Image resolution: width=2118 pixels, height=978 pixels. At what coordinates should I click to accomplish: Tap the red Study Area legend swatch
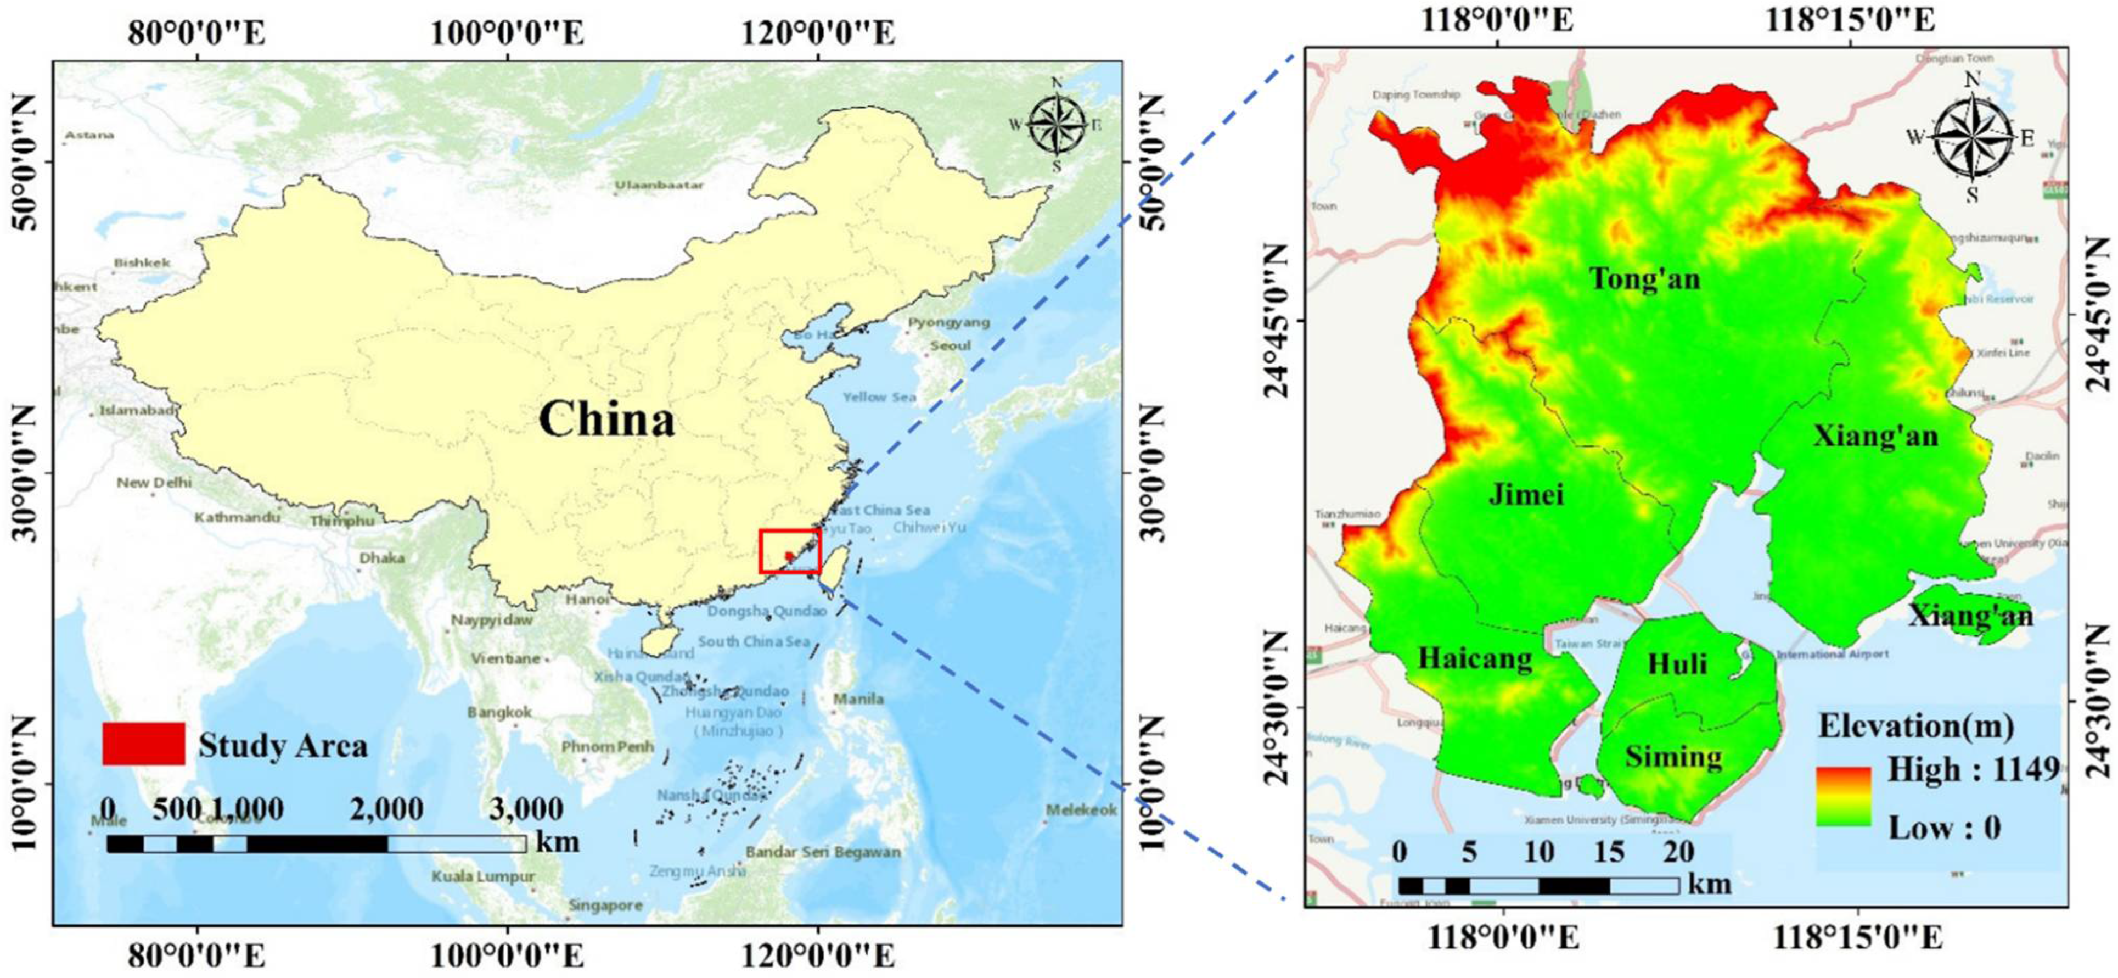click(143, 744)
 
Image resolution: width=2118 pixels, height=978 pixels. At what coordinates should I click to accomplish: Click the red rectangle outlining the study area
click(789, 551)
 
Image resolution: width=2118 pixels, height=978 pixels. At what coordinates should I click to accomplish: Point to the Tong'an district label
click(1644, 279)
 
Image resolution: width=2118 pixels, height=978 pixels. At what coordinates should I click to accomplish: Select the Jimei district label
click(1526, 494)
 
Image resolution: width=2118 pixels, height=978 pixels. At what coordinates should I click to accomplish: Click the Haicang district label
click(1475, 659)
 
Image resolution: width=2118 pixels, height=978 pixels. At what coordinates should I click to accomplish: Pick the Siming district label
click(1673, 756)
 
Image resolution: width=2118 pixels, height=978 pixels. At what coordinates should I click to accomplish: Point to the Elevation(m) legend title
click(1915, 726)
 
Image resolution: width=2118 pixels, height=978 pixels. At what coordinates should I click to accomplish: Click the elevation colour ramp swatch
click(1844, 796)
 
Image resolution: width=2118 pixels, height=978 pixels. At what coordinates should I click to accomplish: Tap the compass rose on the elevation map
click(1971, 137)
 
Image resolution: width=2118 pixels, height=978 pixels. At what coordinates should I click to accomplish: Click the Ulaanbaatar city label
click(659, 185)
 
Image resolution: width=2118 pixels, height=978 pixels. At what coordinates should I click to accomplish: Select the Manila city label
click(858, 699)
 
